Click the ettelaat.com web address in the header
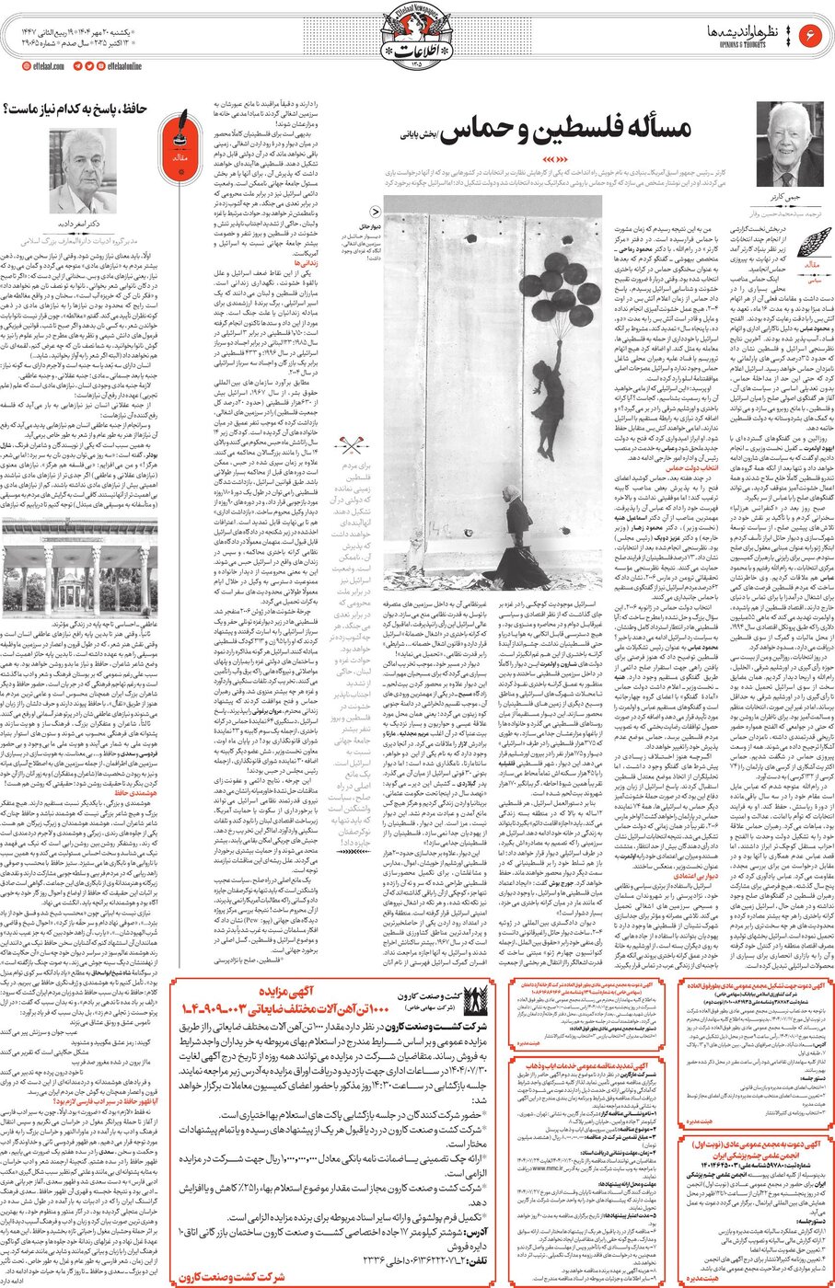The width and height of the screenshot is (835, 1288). point(43,66)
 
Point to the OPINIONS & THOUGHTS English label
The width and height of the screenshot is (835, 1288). point(727,42)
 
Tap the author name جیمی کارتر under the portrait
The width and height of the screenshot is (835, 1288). point(789,200)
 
